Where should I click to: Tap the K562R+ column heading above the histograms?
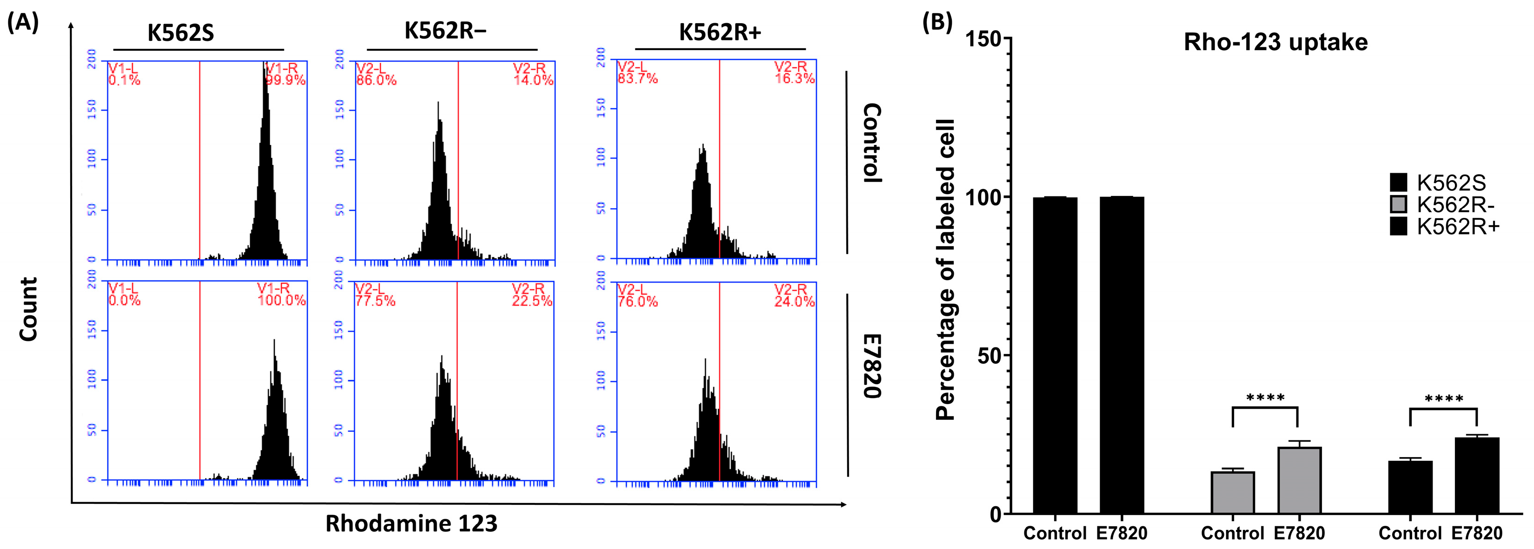click(720, 33)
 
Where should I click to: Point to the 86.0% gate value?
click(376, 80)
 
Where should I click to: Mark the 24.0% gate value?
click(794, 301)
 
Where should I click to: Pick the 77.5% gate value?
click(375, 301)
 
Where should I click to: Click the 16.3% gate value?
click(794, 78)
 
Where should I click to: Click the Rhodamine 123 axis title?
click(411, 523)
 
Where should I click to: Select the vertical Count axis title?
click(28, 309)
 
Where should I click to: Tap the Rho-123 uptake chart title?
click(1275, 42)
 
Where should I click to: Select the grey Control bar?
click(1233, 492)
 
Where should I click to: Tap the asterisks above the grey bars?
click(1265, 397)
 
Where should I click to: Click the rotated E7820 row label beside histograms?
click(872, 366)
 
